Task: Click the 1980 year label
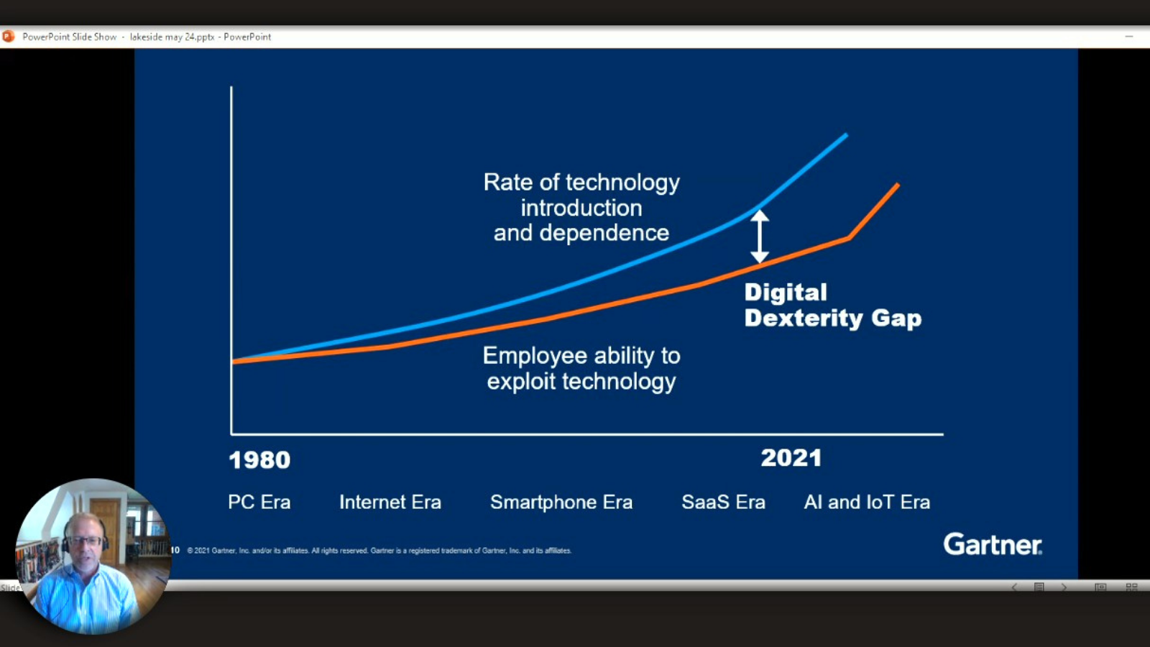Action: click(x=259, y=460)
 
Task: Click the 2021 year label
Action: click(x=791, y=458)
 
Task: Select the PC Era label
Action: click(x=259, y=502)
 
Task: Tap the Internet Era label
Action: click(x=390, y=502)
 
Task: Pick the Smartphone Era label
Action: click(x=561, y=502)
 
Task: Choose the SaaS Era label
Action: click(x=723, y=502)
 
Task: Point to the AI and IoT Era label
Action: click(x=867, y=502)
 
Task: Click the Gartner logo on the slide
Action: click(x=993, y=544)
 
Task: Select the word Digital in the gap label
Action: click(x=786, y=292)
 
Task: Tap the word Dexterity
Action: click(x=803, y=318)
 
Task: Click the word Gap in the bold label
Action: click(x=896, y=318)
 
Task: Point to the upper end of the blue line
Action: click(x=846, y=135)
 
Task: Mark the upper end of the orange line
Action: click(x=898, y=185)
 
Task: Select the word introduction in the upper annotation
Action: click(x=581, y=208)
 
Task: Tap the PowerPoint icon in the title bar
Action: click(x=9, y=37)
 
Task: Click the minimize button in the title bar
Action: click(x=1129, y=37)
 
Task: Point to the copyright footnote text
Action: click(x=379, y=551)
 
